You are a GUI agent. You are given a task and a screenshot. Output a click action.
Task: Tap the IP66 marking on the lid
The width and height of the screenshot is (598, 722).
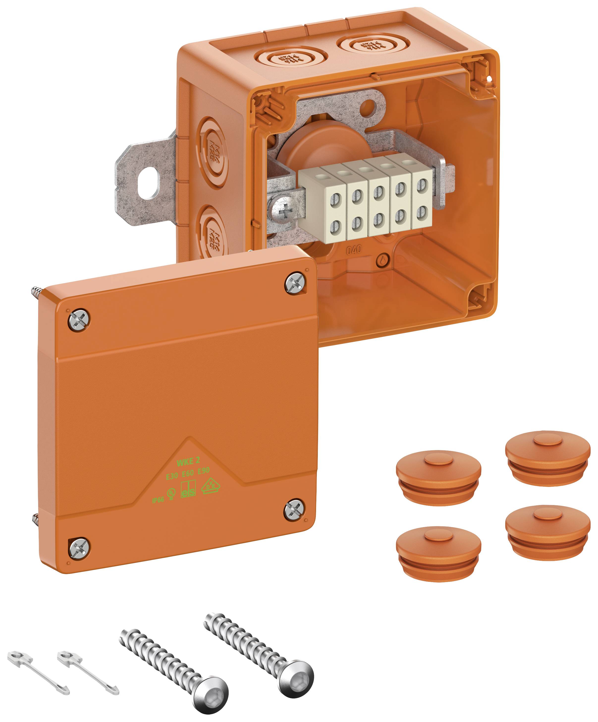click(158, 500)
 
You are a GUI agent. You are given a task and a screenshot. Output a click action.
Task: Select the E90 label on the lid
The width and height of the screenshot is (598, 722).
click(204, 471)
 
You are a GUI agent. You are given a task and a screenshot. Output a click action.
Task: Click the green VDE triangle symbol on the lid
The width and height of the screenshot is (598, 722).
click(210, 486)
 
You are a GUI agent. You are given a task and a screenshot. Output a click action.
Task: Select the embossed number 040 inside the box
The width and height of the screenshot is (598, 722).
click(354, 250)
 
